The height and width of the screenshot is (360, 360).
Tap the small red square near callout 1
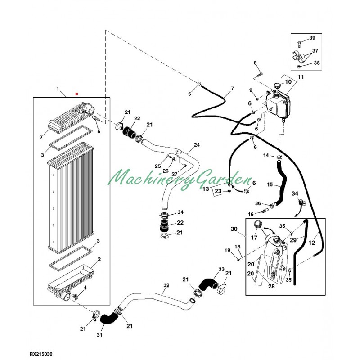coord(77,94)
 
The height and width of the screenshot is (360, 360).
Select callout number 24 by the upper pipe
coord(196,145)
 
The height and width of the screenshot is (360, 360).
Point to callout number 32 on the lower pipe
coord(166,285)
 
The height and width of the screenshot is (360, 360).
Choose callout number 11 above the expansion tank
coord(301,77)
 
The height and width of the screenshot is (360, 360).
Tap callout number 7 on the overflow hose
coord(232,88)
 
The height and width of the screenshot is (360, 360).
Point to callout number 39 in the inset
coord(312,38)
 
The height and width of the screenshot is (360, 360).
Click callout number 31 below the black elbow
coord(99,335)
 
